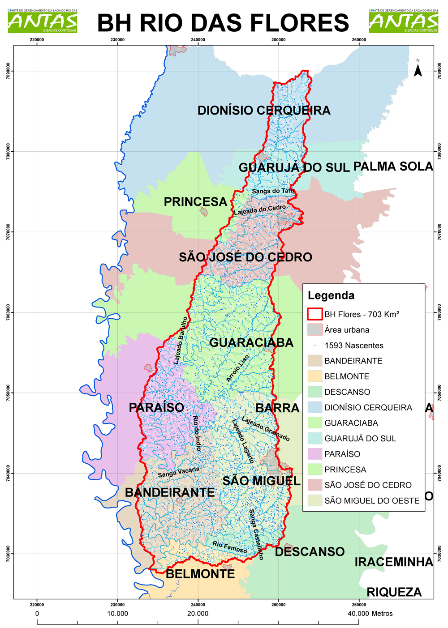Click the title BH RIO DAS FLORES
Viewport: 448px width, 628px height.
click(223, 23)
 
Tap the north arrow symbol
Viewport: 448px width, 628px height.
click(418, 69)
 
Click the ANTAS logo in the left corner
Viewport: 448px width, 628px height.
click(43, 21)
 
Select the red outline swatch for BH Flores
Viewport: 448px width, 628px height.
click(314, 314)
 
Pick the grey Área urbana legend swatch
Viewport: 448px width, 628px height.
click(314, 330)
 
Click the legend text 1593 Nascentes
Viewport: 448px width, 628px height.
click(353, 346)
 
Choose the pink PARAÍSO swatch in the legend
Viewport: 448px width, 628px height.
click(314, 454)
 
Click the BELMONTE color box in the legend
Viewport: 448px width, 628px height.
click(314, 376)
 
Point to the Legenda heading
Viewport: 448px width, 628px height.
click(331, 295)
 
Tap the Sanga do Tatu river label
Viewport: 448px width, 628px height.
click(273, 191)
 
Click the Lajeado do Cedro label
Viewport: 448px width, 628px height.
click(260, 209)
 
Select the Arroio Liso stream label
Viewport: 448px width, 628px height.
click(237, 368)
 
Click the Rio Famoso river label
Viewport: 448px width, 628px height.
click(229, 547)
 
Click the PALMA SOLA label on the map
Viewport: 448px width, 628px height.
click(393, 167)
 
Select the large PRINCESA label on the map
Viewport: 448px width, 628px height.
click(195, 202)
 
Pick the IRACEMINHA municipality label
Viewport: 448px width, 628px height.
click(393, 562)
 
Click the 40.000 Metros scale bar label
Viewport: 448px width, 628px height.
click(370, 613)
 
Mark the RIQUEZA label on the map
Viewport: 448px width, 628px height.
click(394, 592)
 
